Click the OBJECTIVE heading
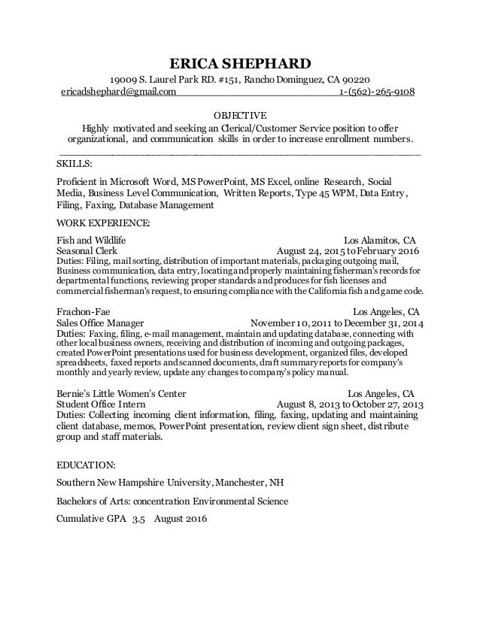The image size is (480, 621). pyautogui.click(x=239, y=115)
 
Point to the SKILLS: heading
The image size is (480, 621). pyautogui.click(x=75, y=163)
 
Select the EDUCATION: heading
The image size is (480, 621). pyautogui.click(x=89, y=465)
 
